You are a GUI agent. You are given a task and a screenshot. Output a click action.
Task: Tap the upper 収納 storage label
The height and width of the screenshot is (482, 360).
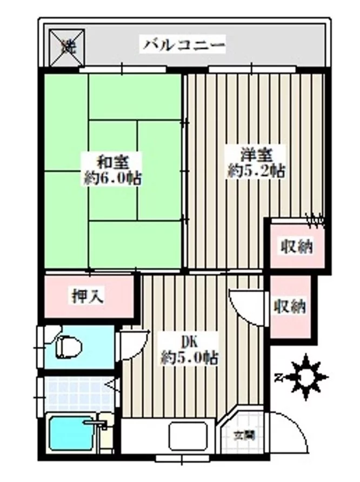[x=296, y=247]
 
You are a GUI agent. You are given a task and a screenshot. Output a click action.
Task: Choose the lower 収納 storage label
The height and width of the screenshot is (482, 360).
[x=290, y=307]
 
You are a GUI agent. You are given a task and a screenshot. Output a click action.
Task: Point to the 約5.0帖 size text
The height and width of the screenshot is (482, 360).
[x=189, y=357]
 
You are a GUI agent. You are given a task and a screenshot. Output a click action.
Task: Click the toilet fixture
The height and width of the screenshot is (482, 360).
[x=68, y=345]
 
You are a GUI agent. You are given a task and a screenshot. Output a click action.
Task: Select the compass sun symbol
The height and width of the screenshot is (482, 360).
[x=306, y=375]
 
